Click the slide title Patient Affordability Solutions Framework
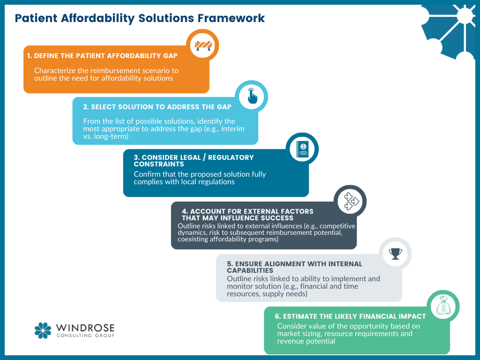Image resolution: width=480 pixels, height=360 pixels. pos(140,18)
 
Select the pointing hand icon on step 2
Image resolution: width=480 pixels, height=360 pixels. pos(252,97)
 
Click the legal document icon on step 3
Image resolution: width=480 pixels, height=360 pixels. pos(302,149)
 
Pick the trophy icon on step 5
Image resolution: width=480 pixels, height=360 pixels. pos(396,254)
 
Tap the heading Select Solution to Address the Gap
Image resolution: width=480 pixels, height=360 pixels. pos(157,107)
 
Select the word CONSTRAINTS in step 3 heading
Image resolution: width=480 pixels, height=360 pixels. pos(159,164)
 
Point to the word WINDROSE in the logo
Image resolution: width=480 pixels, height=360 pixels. pos(85,328)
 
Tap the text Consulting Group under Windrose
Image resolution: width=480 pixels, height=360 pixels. pos(85,335)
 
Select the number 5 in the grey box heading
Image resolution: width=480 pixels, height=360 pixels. pos(230,264)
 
